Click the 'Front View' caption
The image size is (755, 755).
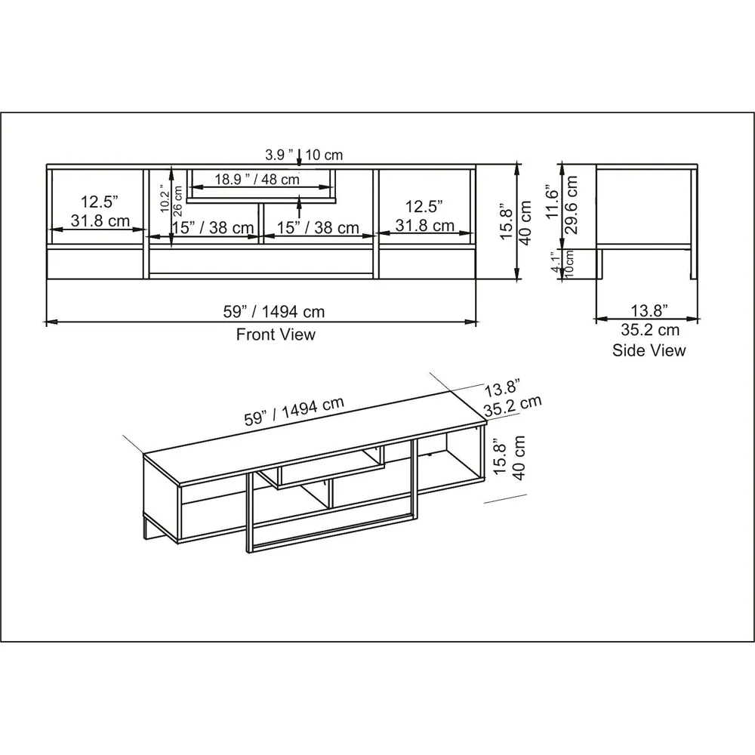coord(276,334)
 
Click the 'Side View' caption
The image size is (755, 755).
coord(649,350)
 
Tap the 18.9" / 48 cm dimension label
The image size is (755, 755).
coord(257,180)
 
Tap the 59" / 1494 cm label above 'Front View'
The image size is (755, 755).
coord(262,311)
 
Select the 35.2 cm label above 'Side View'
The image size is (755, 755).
coord(650,330)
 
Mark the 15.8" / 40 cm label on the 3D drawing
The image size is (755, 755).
coord(507,458)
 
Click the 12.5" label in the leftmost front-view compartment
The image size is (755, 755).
coord(100,202)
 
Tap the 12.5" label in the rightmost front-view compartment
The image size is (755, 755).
coord(424,205)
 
